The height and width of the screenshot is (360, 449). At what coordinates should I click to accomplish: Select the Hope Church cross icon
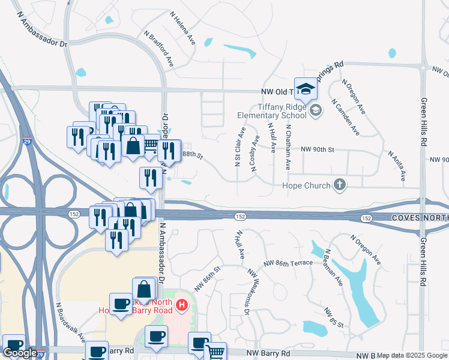click(x=340, y=185)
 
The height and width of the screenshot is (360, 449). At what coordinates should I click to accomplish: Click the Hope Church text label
click(x=306, y=185)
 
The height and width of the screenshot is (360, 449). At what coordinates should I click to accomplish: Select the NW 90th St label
click(x=316, y=149)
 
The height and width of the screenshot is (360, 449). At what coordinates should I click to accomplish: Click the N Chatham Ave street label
click(x=289, y=147)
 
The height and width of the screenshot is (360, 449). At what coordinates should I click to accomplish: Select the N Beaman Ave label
click(x=333, y=267)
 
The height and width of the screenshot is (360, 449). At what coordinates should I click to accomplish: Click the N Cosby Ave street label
click(x=256, y=154)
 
